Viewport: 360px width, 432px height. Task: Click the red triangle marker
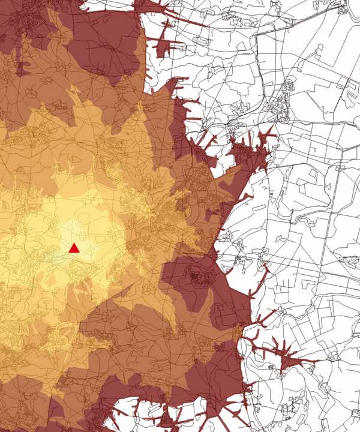tap(74, 248)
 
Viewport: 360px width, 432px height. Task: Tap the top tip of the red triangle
tap(74, 243)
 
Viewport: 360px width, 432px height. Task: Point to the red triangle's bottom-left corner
tap(69, 253)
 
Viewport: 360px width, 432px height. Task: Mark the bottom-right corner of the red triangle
tap(80, 253)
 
